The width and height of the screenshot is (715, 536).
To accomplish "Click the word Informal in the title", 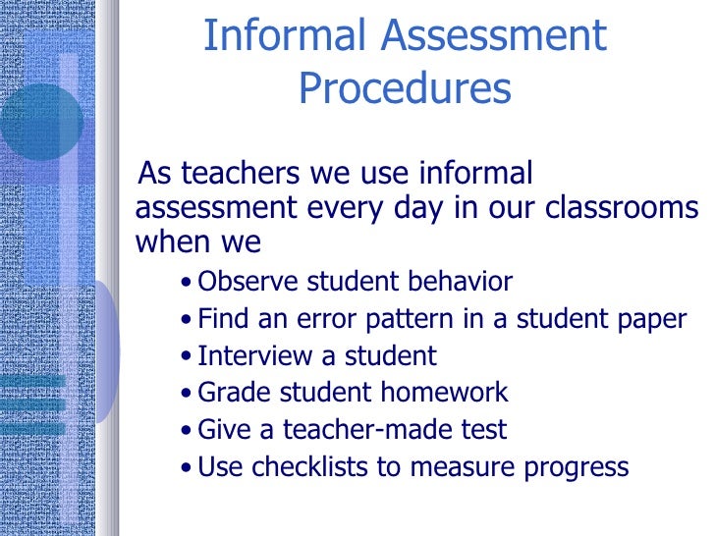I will (x=284, y=37).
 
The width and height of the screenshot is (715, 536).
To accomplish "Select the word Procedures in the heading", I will (x=405, y=89).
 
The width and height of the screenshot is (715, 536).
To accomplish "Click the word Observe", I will (x=248, y=283).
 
